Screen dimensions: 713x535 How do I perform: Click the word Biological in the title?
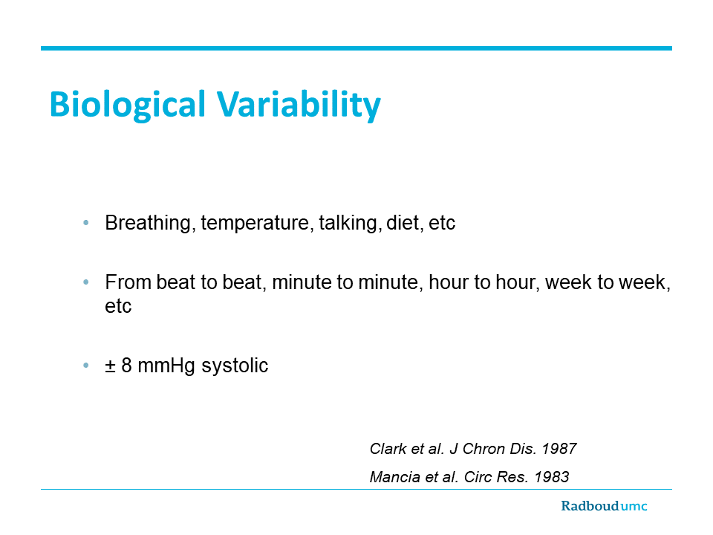click(128, 105)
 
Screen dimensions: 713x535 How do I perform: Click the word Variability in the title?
click(299, 105)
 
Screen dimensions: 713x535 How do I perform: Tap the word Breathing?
click(148, 224)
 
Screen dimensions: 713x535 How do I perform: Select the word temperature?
click(255, 224)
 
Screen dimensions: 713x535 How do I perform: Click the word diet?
click(403, 223)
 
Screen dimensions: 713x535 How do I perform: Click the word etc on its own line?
click(118, 306)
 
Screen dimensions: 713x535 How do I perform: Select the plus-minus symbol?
click(110, 366)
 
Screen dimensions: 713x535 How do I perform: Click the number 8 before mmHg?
click(126, 366)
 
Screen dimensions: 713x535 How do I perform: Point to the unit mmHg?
click(166, 366)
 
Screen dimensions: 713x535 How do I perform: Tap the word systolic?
click(235, 366)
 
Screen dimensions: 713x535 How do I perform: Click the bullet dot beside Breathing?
click(86, 223)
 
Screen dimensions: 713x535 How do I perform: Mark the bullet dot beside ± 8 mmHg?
click(86, 366)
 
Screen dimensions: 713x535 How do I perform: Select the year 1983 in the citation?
click(552, 477)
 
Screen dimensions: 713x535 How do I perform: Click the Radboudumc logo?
click(604, 506)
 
